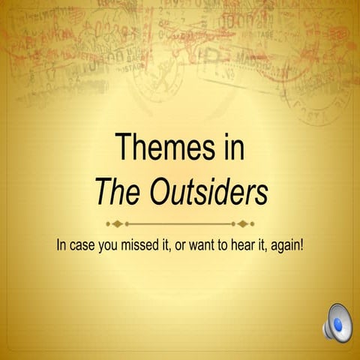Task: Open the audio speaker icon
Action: click(337, 322)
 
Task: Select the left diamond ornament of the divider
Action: click(109, 223)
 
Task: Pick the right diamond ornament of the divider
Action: click(250, 223)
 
